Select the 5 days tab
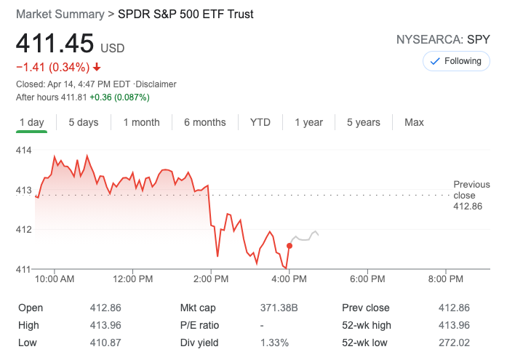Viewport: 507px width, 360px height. pyautogui.click(x=84, y=122)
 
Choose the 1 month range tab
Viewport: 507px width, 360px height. pyautogui.click(x=141, y=122)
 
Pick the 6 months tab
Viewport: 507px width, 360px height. pyautogui.click(x=204, y=122)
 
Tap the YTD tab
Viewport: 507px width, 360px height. pyautogui.click(x=260, y=122)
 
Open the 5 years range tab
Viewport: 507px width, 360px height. pyautogui.click(x=363, y=122)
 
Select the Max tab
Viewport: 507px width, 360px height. pyautogui.click(x=414, y=122)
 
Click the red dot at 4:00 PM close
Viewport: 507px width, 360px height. pyautogui.click(x=290, y=246)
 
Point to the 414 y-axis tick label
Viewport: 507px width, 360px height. pyautogui.click(x=24, y=151)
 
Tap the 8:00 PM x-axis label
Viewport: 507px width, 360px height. pyautogui.click(x=445, y=279)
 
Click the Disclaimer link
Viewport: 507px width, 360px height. pyautogui.click(x=156, y=84)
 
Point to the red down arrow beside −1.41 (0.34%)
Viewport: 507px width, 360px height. pyautogui.click(x=97, y=68)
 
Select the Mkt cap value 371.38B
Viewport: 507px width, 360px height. pyautogui.click(x=279, y=308)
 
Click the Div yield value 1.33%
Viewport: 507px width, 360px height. pyautogui.click(x=275, y=343)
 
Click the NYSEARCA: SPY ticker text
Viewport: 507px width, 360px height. pyautogui.click(x=443, y=39)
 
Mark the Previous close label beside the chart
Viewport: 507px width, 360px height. pyautogui.click(x=471, y=190)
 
